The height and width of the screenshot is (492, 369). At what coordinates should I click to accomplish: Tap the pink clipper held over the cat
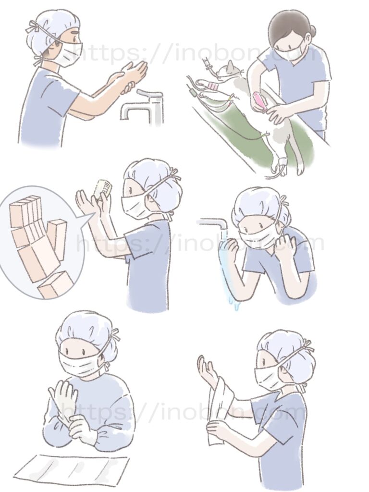[x=259, y=101]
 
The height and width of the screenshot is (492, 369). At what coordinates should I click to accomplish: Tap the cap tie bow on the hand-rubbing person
[x=33, y=27]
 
